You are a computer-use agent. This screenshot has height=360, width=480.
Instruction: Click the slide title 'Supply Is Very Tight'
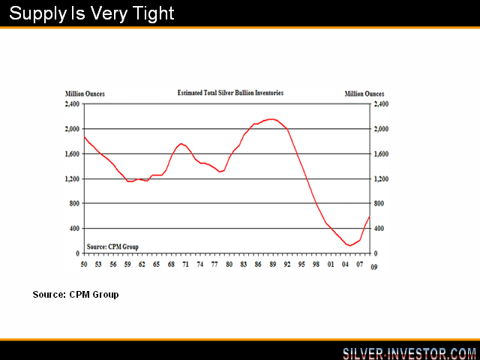(x=91, y=13)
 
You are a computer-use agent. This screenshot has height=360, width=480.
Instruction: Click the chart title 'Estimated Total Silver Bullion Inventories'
(x=230, y=93)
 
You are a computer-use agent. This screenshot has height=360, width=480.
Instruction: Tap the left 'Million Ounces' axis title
(x=85, y=94)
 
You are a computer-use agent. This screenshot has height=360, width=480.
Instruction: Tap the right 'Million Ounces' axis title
(x=364, y=94)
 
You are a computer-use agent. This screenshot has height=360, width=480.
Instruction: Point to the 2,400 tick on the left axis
(x=73, y=104)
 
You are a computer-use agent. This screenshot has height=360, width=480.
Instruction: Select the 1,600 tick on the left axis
(x=73, y=154)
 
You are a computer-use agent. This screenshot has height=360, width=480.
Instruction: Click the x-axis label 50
(x=84, y=264)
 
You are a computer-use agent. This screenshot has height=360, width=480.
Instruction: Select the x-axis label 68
(x=171, y=264)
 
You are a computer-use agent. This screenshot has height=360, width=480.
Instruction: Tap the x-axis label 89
(x=272, y=264)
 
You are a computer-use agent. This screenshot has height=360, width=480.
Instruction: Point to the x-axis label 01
(x=330, y=264)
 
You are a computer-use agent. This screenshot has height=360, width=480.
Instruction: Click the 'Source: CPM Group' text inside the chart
(x=112, y=246)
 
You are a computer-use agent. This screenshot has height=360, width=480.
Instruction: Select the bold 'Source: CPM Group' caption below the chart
(x=75, y=295)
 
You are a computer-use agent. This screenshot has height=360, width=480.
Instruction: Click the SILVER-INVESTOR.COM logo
(x=409, y=352)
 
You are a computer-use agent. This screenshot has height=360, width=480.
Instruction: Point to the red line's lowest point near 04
(x=349, y=245)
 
